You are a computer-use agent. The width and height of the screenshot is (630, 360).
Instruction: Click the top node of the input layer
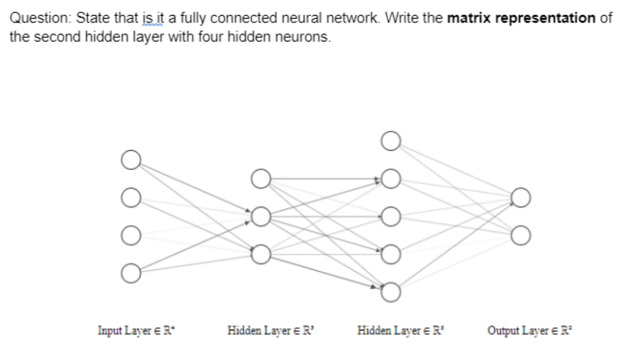click(130, 160)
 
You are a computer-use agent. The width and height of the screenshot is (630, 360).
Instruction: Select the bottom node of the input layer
click(130, 273)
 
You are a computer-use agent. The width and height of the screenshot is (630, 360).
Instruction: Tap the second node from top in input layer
click(130, 198)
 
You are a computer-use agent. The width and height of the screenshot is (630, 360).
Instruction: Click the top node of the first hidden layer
click(261, 179)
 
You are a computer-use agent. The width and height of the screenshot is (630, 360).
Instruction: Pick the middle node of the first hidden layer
click(261, 216)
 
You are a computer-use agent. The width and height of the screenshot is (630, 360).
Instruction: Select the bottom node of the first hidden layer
click(261, 254)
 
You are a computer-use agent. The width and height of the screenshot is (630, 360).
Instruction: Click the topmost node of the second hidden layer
click(391, 141)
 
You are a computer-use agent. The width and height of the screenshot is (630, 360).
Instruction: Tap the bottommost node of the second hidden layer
click(391, 292)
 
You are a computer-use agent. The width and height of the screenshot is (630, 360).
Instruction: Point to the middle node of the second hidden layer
click(391, 216)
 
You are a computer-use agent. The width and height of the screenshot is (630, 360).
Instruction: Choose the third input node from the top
click(130, 235)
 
